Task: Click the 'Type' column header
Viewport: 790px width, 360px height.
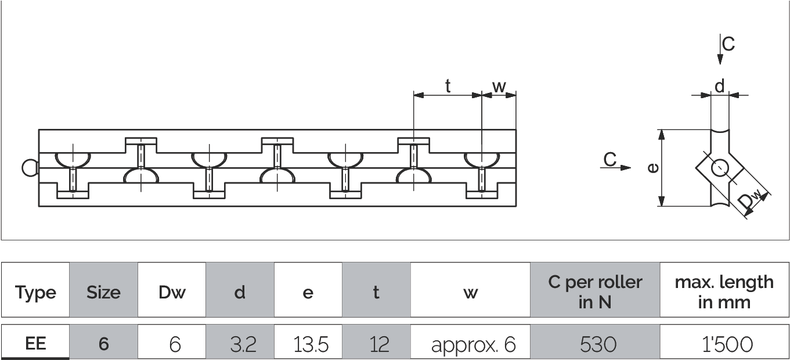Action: pyautogui.click(x=35, y=292)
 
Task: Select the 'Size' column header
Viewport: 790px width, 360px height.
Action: pyautogui.click(x=103, y=292)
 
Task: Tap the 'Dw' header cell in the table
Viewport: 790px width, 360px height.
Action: pyautogui.click(x=172, y=292)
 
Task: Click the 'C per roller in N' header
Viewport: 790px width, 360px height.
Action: pyautogui.click(x=595, y=292)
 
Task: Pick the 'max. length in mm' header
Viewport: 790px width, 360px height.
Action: pyautogui.click(x=724, y=292)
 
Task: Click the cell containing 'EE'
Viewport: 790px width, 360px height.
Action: pyautogui.click(x=35, y=344)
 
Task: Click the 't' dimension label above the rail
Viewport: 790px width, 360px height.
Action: pyautogui.click(x=448, y=86)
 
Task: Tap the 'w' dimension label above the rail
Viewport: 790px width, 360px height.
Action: pyautogui.click(x=499, y=86)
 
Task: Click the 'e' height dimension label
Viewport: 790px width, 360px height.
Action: pyautogui.click(x=653, y=168)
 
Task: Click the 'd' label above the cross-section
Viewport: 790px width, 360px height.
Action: pyautogui.click(x=719, y=87)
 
